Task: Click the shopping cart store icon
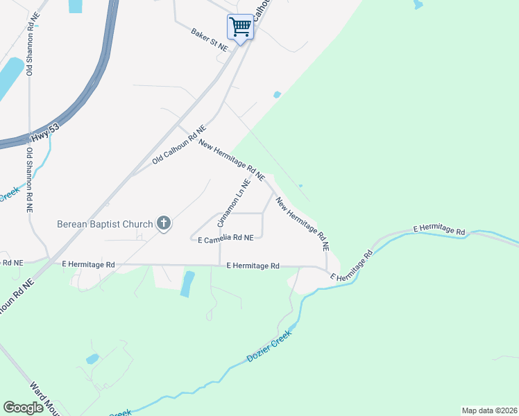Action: (240, 28)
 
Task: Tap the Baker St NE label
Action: (210, 40)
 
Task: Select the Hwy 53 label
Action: (49, 132)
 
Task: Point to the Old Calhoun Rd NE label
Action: (180, 145)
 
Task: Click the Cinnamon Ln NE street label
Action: (233, 201)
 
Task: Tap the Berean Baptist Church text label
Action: (104, 224)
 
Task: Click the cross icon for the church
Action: (164, 223)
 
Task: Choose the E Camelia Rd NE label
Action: (226, 238)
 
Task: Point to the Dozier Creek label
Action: (269, 347)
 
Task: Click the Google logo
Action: (23, 408)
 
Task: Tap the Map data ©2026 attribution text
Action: (489, 410)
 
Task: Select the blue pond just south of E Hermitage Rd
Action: (187, 284)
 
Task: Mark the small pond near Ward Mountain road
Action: (92, 359)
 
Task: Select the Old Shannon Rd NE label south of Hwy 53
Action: (29, 179)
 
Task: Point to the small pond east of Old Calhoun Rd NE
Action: (277, 94)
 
